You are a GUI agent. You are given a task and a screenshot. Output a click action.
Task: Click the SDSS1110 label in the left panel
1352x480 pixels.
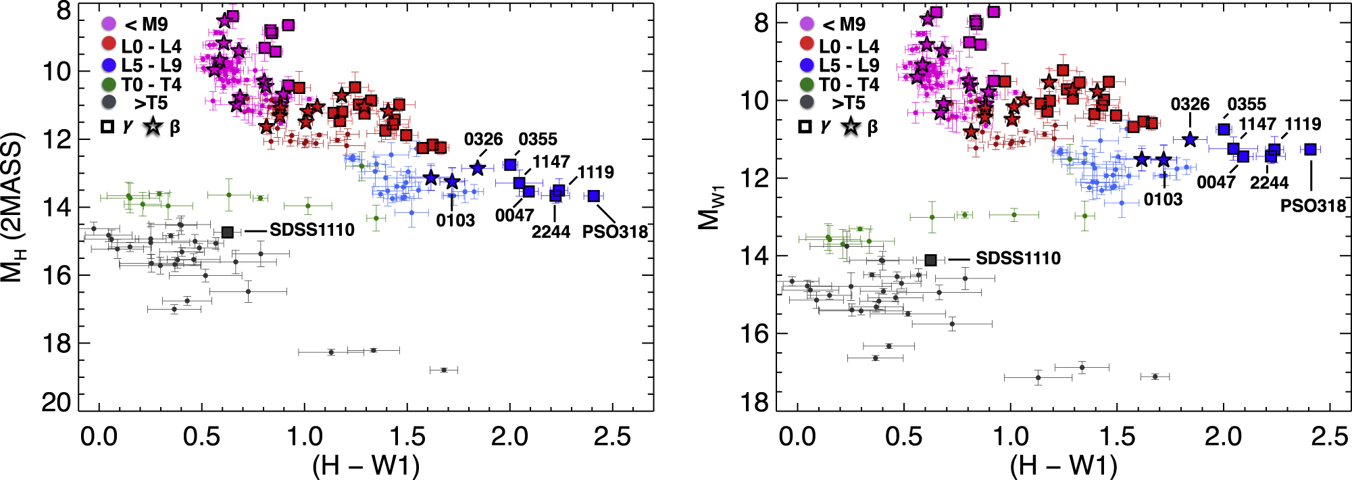pyautogui.click(x=311, y=231)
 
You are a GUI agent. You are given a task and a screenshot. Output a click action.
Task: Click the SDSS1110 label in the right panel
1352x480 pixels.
pyautogui.click(x=1018, y=258)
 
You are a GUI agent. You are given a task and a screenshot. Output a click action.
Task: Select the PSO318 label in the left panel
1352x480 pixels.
pyautogui.click(x=615, y=232)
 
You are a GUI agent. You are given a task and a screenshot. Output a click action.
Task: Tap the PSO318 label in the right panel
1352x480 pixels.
pyautogui.click(x=1313, y=206)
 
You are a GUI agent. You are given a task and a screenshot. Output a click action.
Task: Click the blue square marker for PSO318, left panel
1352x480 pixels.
pyautogui.click(x=593, y=196)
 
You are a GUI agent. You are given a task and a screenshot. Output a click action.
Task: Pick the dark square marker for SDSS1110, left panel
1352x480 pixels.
pyautogui.click(x=228, y=233)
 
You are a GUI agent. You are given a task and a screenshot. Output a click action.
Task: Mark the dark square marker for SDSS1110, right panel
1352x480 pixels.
pyautogui.click(x=930, y=260)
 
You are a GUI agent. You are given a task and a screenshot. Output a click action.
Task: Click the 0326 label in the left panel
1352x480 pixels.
pyautogui.click(x=483, y=139)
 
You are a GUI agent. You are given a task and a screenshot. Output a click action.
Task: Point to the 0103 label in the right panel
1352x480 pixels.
pyautogui.click(x=1163, y=199)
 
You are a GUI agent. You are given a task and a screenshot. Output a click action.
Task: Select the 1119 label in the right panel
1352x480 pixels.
pyautogui.click(x=1303, y=124)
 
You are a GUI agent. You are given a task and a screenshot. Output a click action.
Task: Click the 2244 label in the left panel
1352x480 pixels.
pyautogui.click(x=551, y=232)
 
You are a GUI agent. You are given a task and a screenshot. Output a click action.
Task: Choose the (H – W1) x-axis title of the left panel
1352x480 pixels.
pyautogui.click(x=366, y=465)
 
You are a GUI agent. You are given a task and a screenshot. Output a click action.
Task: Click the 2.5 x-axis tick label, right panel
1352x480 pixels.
pyautogui.click(x=1329, y=437)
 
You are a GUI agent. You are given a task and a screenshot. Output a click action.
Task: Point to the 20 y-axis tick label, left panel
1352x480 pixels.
pyautogui.click(x=55, y=403)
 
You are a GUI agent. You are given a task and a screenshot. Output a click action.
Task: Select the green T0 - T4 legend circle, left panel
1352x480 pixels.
pyautogui.click(x=109, y=85)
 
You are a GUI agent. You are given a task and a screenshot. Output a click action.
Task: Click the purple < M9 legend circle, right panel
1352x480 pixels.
pyautogui.click(x=807, y=24)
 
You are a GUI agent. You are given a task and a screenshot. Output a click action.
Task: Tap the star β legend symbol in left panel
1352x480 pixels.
pyautogui.click(x=153, y=126)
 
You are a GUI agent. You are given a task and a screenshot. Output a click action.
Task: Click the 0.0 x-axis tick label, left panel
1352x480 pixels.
pyautogui.click(x=99, y=437)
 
